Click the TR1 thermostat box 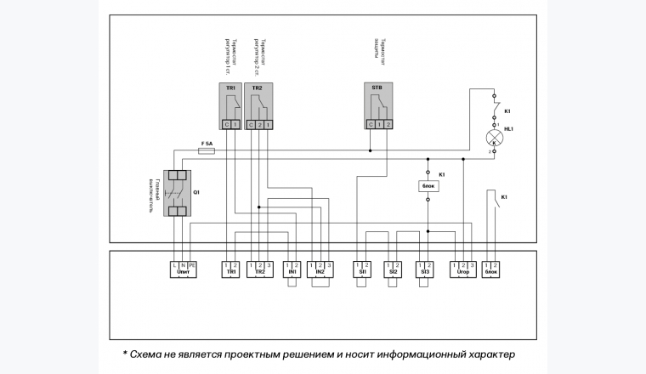pos(230,107)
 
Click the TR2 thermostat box pos(258,107)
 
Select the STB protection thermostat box pos(378,107)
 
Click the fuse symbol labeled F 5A pos(207,151)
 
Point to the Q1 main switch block pos(177,193)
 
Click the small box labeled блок pos(428,185)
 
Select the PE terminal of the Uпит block pos(192,265)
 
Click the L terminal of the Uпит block pos(175,265)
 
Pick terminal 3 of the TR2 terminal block pos(269,265)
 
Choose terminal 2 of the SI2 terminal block pos(396,265)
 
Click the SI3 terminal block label pos(423,273)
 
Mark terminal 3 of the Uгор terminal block pos(470,265)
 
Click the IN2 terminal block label pos(320,273)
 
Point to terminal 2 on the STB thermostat pos(388,125)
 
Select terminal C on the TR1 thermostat pos(226,125)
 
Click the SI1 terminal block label pos(362,273)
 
